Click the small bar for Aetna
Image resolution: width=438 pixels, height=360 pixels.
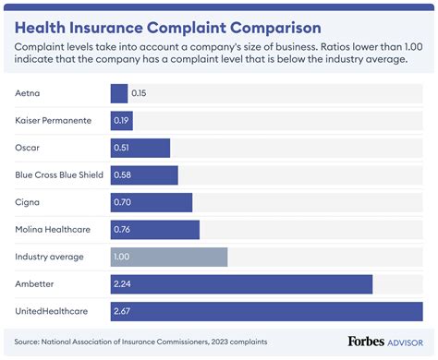tap(118, 93)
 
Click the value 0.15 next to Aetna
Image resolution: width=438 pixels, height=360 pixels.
tap(140, 93)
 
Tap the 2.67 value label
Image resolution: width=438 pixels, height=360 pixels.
tap(123, 312)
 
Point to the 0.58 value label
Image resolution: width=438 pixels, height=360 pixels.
tap(123, 175)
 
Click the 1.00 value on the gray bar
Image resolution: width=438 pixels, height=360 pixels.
tap(123, 258)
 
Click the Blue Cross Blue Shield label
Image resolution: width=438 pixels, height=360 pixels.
tap(60, 175)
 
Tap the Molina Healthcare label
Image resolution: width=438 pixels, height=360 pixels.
tap(52, 230)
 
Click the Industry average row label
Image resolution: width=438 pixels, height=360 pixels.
tap(48, 258)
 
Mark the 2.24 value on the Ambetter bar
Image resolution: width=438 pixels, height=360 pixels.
tap(123, 284)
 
